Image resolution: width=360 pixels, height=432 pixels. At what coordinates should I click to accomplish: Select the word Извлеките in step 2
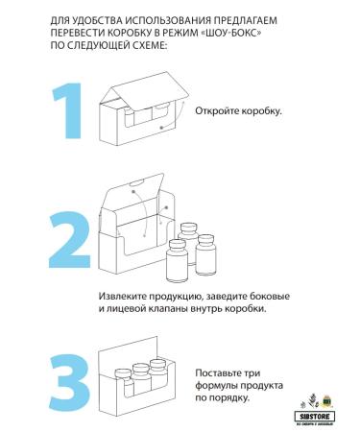click(x=125, y=297)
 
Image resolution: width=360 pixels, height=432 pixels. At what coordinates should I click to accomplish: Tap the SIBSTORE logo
click(x=319, y=405)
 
